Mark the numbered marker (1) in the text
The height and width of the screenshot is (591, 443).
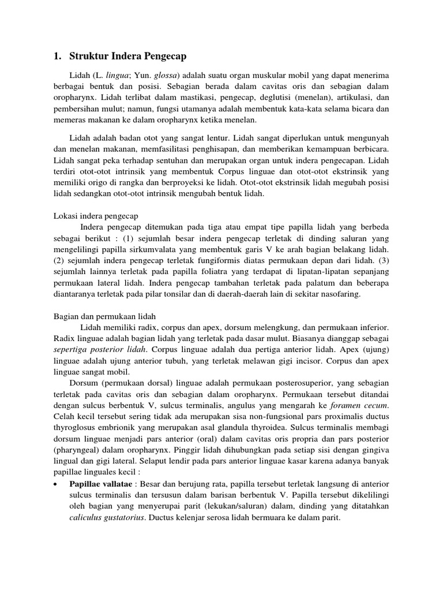point(151,238)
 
